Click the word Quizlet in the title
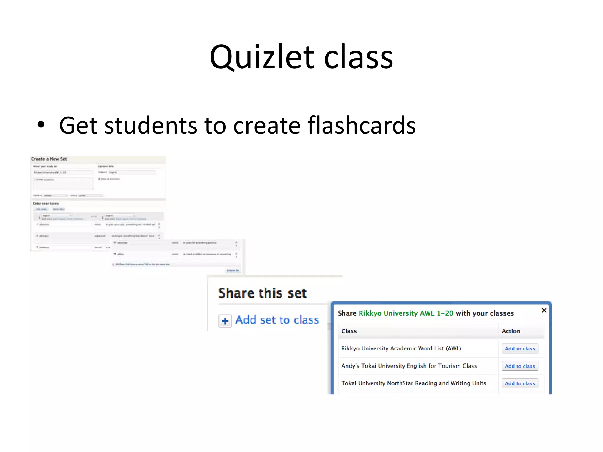click(262, 57)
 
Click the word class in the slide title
click(358, 57)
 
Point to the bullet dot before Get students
click(41, 125)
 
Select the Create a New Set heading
click(49, 159)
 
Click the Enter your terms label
click(46, 203)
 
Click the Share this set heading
click(262, 293)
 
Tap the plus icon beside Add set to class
click(225, 321)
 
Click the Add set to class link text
click(277, 320)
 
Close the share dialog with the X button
click(544, 310)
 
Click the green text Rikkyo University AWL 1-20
click(406, 313)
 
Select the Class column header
click(349, 331)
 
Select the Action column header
click(511, 331)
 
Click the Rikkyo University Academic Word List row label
click(401, 348)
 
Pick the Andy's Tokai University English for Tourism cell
click(409, 366)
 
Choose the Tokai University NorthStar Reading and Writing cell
click(413, 383)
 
